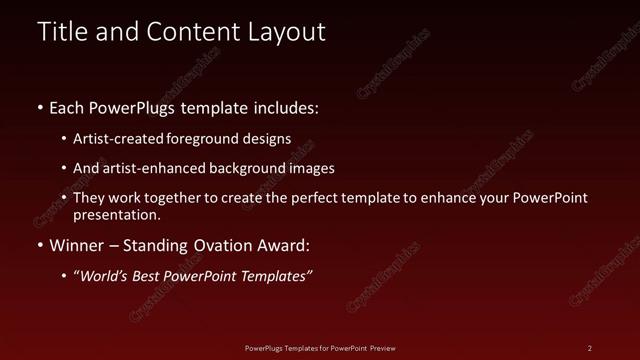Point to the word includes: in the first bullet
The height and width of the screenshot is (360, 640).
tap(284, 107)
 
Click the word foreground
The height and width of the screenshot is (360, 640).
tap(215, 140)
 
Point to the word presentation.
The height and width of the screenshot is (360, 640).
tap(116, 214)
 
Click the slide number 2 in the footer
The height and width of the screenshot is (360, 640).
tap(590, 348)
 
